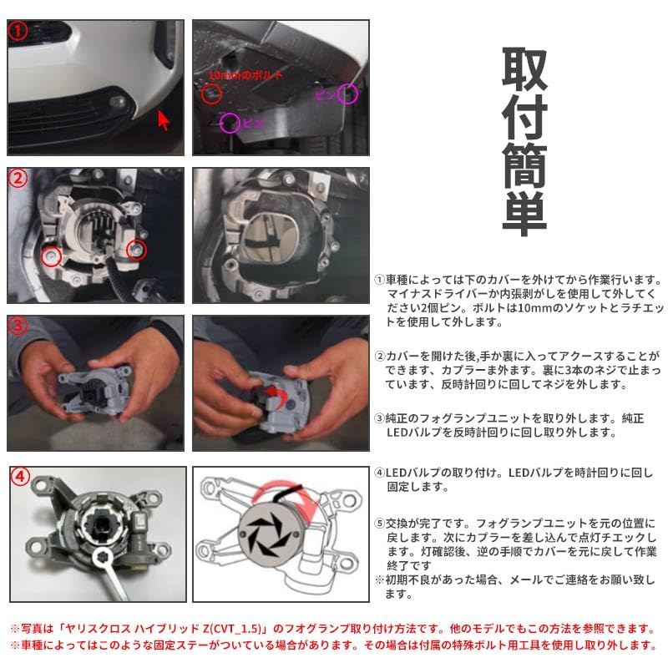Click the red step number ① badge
[x=18, y=32]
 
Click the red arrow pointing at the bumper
[x=164, y=121]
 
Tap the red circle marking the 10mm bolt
[x=212, y=94]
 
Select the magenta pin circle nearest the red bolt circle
[x=229, y=124]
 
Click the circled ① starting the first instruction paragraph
[x=379, y=281]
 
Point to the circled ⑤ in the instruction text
[x=379, y=523]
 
